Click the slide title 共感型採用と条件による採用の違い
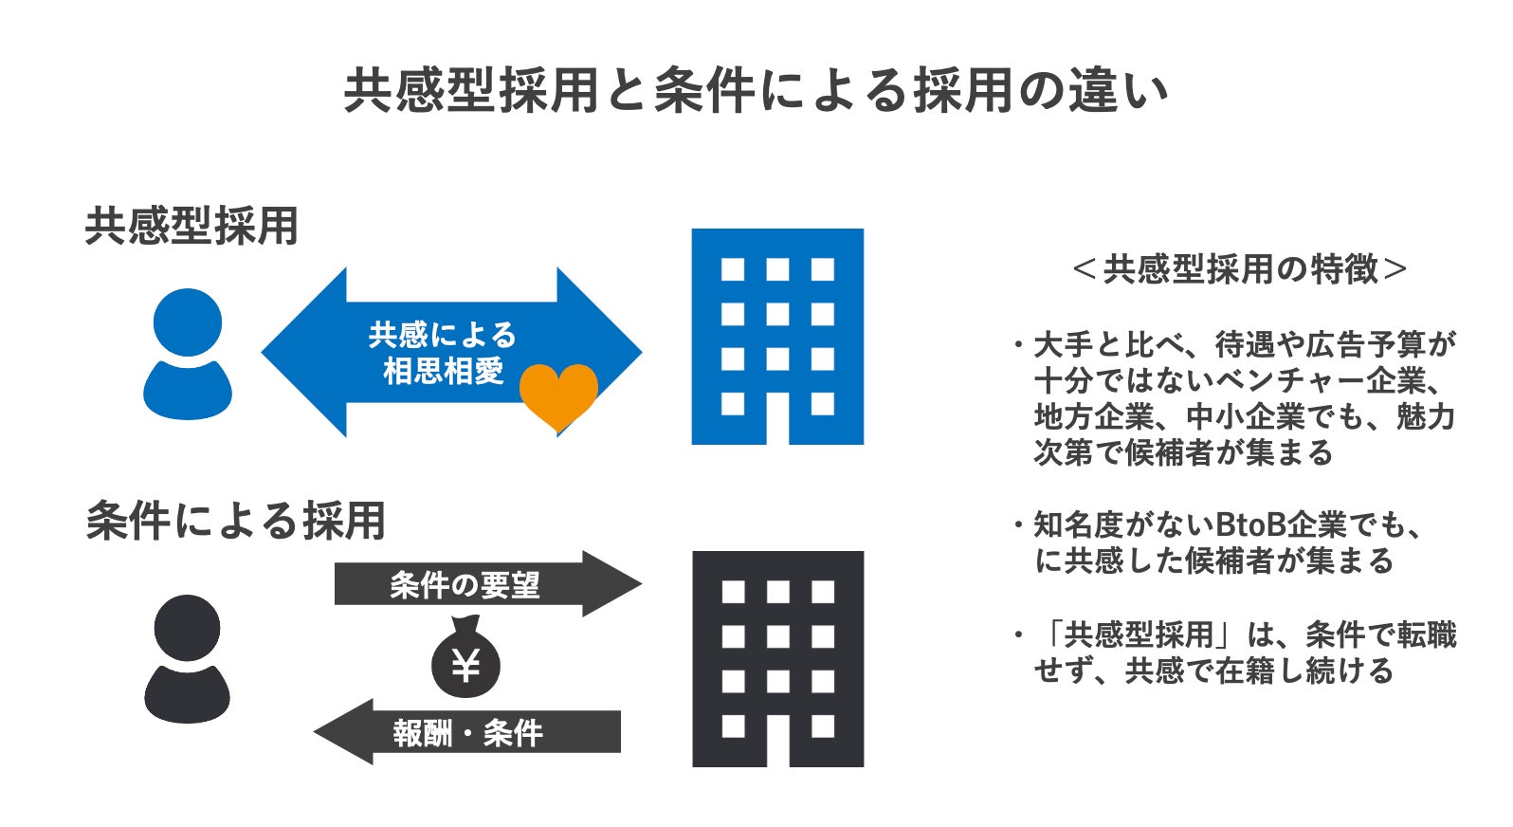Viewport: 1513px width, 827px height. tap(756, 91)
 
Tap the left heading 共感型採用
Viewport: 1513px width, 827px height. tap(191, 226)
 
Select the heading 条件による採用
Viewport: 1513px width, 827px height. tap(235, 521)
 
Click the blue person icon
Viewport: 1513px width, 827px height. tap(188, 355)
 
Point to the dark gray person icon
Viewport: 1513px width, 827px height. tap(187, 659)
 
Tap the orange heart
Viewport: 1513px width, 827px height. tap(558, 395)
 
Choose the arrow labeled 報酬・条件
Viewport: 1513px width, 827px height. tap(467, 732)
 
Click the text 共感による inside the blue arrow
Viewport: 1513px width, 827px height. tap(442, 335)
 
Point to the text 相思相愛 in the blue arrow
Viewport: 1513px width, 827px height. tap(442, 371)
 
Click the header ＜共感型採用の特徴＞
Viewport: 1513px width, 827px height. tap(1239, 269)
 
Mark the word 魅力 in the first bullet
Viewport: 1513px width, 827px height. tap(1425, 416)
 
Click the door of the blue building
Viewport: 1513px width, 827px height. tap(777, 418)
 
